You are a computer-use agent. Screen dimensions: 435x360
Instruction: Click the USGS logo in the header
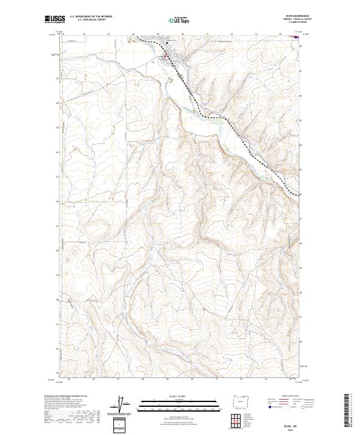click(55, 20)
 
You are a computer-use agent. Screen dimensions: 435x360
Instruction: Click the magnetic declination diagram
click(123, 404)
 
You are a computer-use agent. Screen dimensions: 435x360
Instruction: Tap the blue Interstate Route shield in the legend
click(269, 407)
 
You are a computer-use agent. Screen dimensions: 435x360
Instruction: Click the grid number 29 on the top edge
click(158, 34)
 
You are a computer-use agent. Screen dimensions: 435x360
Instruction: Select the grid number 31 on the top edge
click(207, 34)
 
